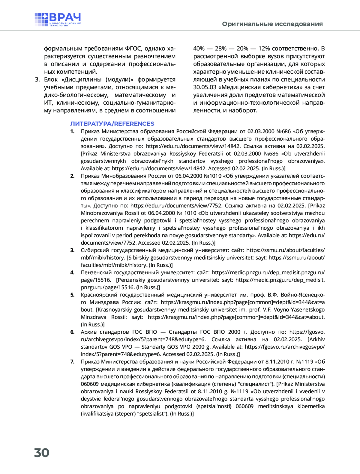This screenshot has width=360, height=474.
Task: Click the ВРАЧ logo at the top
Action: [x=58, y=19]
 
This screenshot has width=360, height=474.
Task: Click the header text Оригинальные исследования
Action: [x=272, y=24]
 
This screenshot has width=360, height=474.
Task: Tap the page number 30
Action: [x=42, y=453]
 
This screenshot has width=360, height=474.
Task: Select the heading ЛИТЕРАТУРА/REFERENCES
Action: [x=112, y=124]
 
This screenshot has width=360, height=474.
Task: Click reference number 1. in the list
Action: [x=72, y=131]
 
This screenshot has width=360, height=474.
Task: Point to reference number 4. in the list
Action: [x=72, y=273]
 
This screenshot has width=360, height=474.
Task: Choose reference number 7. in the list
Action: [x=72, y=362]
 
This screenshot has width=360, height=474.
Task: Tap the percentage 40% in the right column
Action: [x=199, y=49]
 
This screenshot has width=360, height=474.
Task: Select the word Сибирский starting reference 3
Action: [x=94, y=250]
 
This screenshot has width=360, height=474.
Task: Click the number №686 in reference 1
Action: [x=283, y=131]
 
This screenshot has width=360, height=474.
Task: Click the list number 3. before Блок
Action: [x=37, y=79]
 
